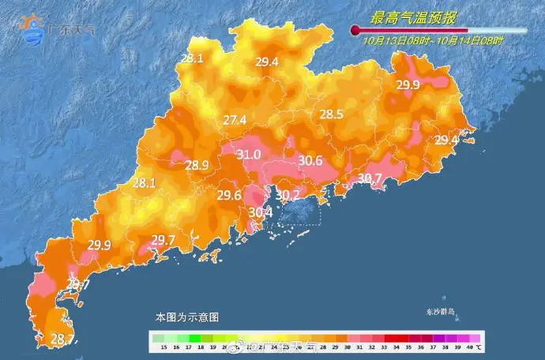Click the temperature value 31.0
tap(248, 155)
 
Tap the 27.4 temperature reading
tap(234, 120)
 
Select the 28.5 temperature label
tap(331, 114)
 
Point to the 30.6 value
tap(310, 161)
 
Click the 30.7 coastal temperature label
tap(369, 178)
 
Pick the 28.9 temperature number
tap(197, 166)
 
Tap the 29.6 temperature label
tap(229, 196)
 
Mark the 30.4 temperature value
tap(260, 212)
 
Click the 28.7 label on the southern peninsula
tap(62, 339)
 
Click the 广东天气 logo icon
tap(33, 28)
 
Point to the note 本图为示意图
tap(186, 317)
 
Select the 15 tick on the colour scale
tap(162, 347)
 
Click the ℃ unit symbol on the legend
tap(479, 347)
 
